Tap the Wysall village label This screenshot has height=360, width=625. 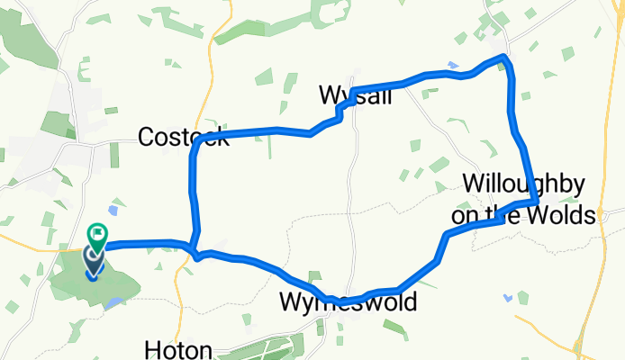point(356,95)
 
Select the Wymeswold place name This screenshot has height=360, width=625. point(348,302)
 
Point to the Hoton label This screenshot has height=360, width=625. point(179,349)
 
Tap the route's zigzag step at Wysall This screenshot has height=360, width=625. point(340,110)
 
